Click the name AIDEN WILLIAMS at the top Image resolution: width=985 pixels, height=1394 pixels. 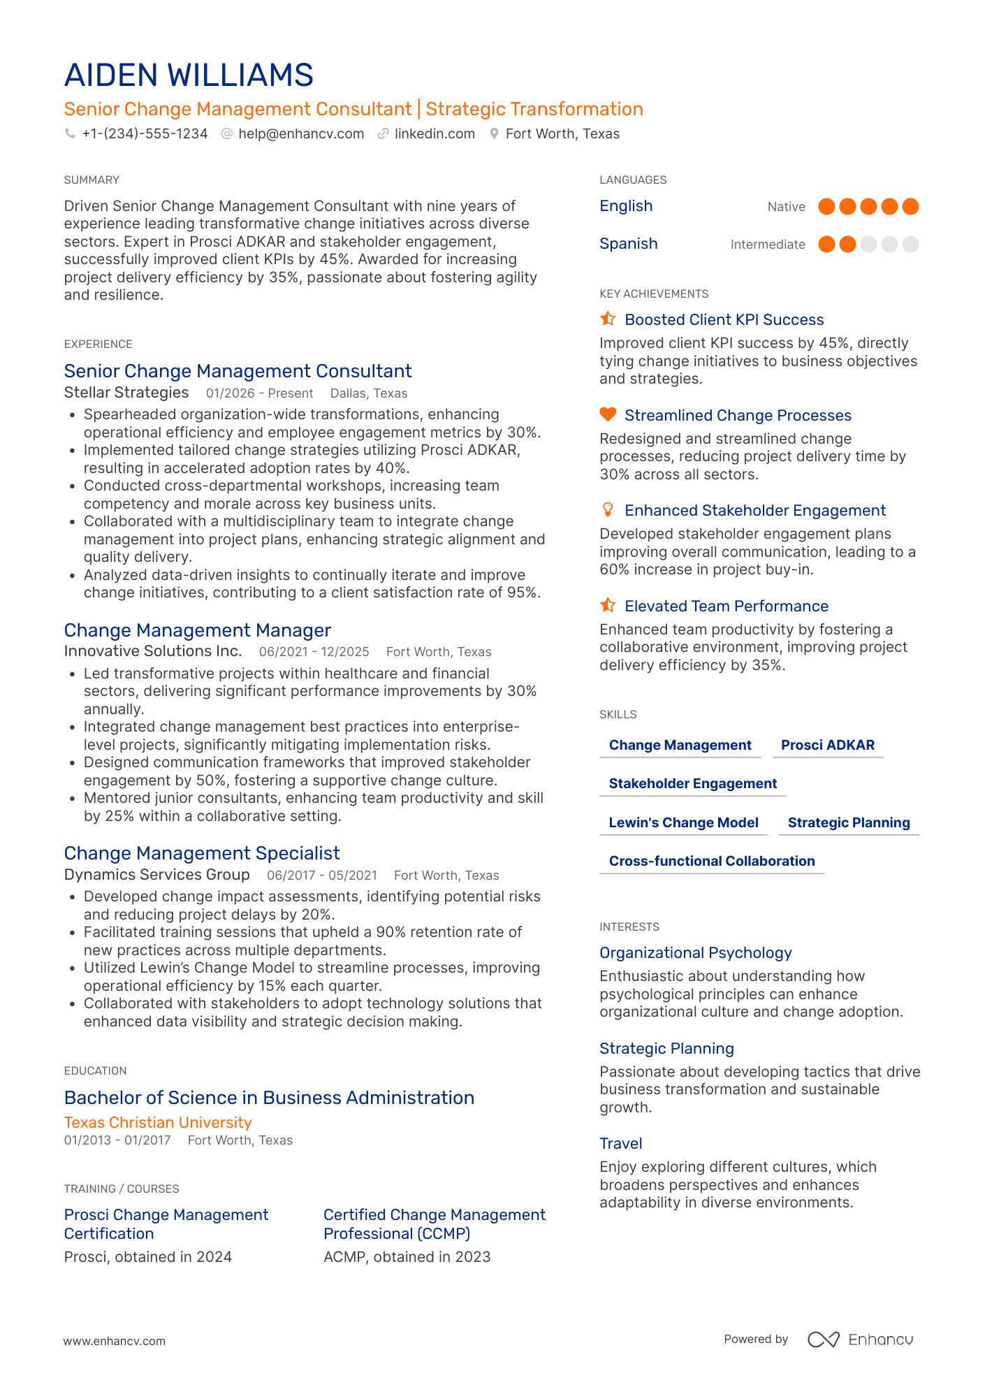coord(189,75)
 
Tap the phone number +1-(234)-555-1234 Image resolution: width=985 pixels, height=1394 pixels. coord(145,133)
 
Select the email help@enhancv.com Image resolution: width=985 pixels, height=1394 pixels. coord(301,133)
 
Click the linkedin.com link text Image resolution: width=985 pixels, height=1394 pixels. coord(435,133)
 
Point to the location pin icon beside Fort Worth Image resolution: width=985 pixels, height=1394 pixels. coord(494,133)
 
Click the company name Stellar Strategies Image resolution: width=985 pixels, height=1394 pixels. coord(126,393)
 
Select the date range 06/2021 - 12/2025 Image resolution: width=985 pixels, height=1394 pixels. coord(314,652)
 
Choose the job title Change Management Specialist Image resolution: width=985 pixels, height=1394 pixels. coord(202,853)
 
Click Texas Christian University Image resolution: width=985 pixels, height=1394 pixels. coord(158,1122)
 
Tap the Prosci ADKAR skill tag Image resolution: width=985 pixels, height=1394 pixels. coord(827,745)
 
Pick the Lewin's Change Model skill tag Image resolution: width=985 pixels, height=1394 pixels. coord(683,822)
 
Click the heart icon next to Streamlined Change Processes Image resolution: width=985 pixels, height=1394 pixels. coord(608,414)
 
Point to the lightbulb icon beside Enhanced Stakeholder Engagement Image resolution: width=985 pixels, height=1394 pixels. coord(608,509)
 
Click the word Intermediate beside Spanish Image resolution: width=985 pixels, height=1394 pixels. coord(767,245)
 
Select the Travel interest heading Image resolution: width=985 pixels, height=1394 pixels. coord(620,1143)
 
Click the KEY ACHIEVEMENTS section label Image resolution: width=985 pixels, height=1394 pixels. coord(654,294)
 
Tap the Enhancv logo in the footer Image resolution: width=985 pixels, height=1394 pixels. coord(861,1339)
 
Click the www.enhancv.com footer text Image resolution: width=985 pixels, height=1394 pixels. coord(115,1341)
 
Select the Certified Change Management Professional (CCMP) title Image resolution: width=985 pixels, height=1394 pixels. coord(434,1224)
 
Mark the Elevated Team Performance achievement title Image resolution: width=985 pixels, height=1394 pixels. coord(726,606)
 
